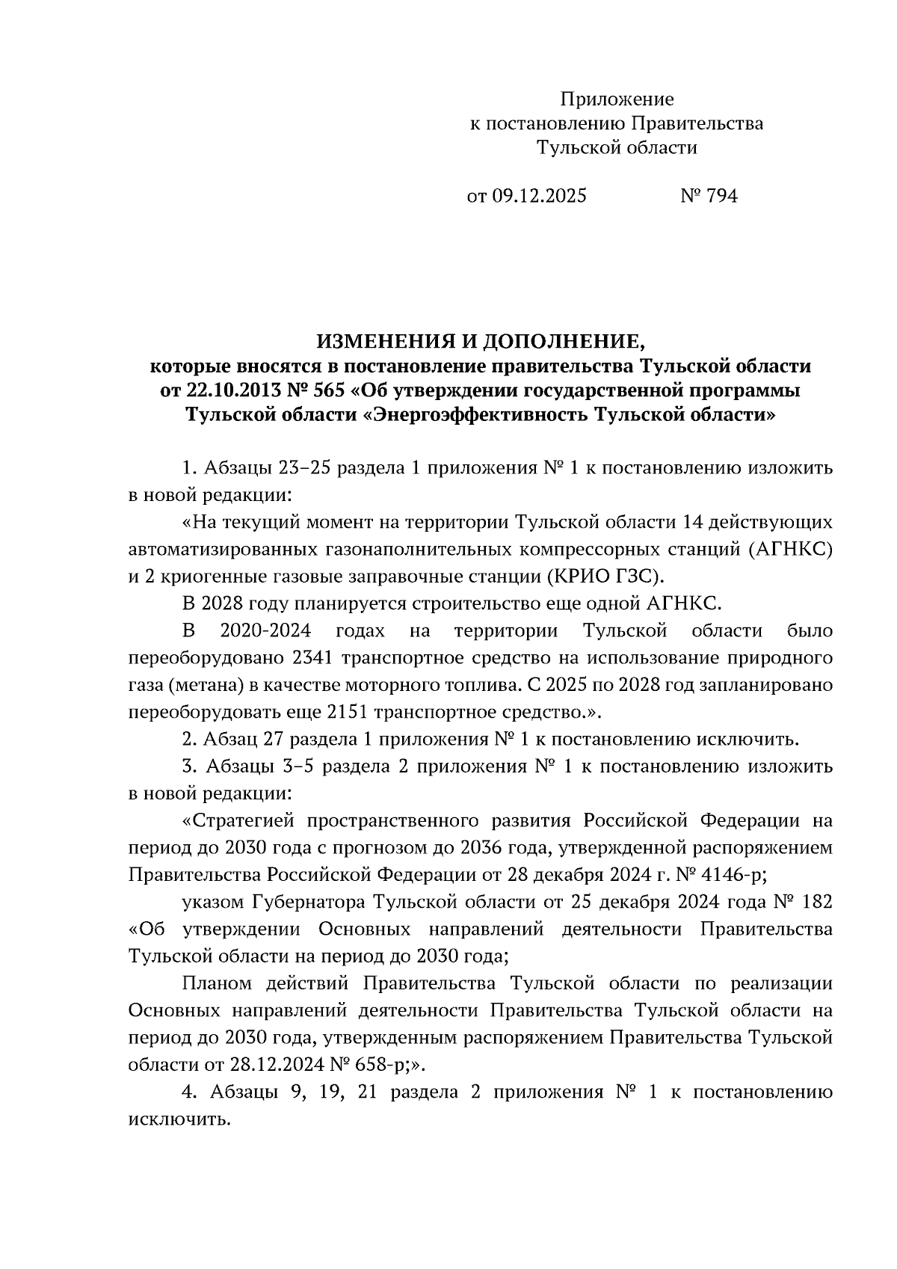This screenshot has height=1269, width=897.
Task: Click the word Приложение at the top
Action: pyautogui.click(x=617, y=99)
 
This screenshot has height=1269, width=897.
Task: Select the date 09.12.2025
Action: pyautogui.click(x=539, y=196)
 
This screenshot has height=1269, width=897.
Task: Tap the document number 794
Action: pyautogui.click(x=721, y=196)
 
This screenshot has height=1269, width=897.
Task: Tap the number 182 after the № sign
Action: pyautogui.click(x=816, y=902)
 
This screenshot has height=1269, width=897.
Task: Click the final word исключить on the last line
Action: pyautogui.click(x=177, y=1119)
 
